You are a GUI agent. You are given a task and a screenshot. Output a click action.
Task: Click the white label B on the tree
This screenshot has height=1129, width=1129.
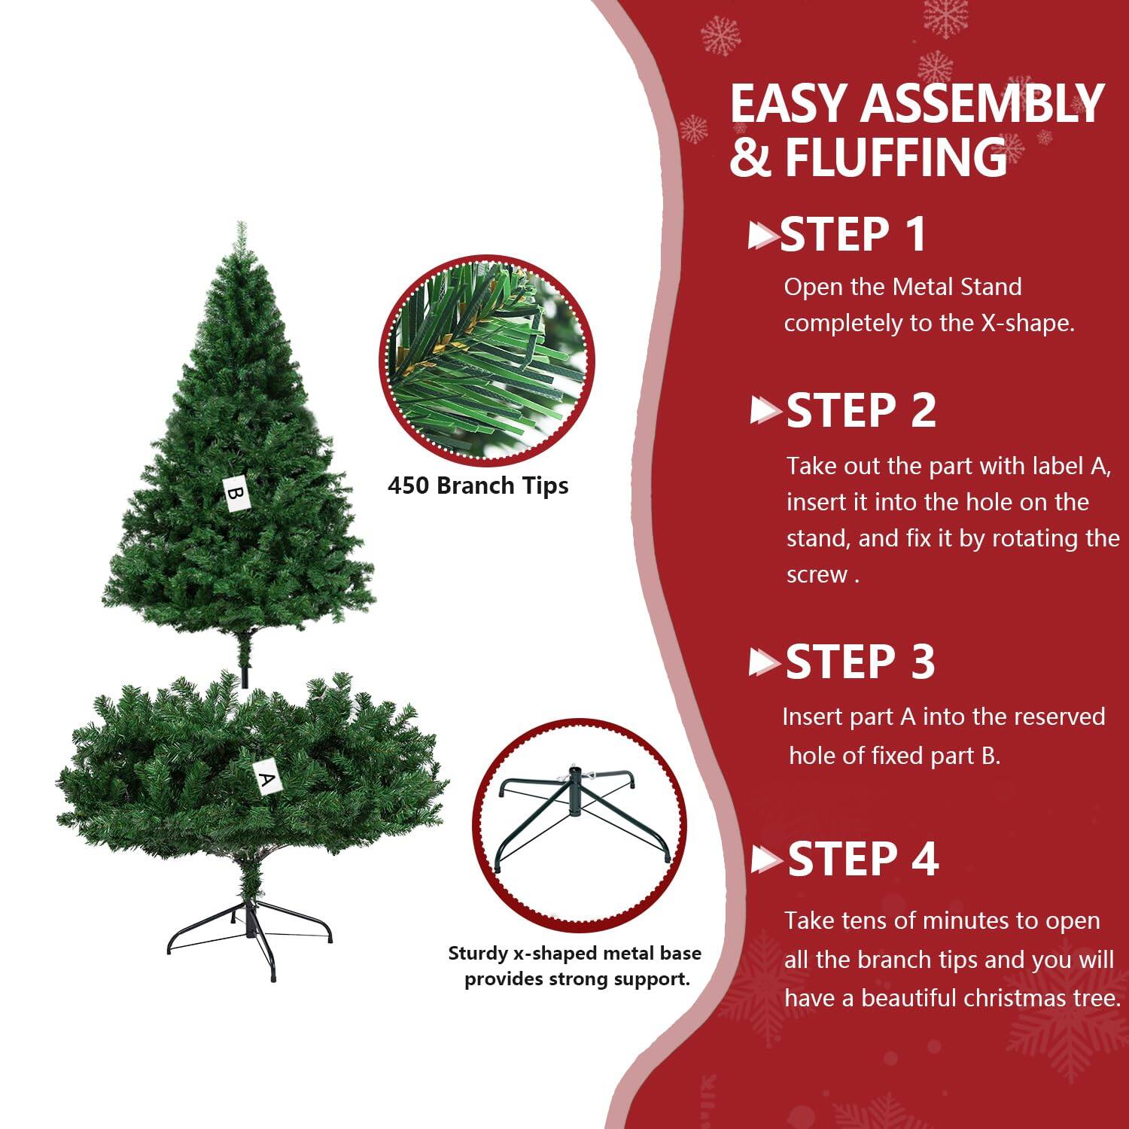[x=236, y=493]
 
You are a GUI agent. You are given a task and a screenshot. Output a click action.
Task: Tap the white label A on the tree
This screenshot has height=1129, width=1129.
[x=264, y=778]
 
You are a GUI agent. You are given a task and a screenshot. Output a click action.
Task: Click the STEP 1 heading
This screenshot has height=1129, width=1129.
[x=853, y=235]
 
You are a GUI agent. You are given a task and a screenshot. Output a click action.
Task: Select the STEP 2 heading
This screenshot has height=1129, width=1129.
[x=860, y=411]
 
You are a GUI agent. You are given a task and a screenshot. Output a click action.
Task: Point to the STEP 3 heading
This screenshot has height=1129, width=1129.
[x=860, y=662]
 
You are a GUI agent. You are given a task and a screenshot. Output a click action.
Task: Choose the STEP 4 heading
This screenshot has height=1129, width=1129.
[x=863, y=859]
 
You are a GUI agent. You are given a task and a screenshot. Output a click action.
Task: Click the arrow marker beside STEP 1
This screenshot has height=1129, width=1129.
[x=763, y=236]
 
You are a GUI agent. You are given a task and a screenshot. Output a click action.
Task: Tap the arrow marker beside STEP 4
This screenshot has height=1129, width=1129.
[x=766, y=860]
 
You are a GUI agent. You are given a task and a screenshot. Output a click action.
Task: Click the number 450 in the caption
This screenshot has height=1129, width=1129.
[x=409, y=485]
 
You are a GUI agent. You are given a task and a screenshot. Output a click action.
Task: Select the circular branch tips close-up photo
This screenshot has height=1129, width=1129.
[x=486, y=359]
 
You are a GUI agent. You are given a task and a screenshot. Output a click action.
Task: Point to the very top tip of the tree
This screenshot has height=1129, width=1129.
[x=241, y=225]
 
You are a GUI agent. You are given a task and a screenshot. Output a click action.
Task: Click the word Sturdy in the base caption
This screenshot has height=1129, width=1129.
[x=478, y=954]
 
